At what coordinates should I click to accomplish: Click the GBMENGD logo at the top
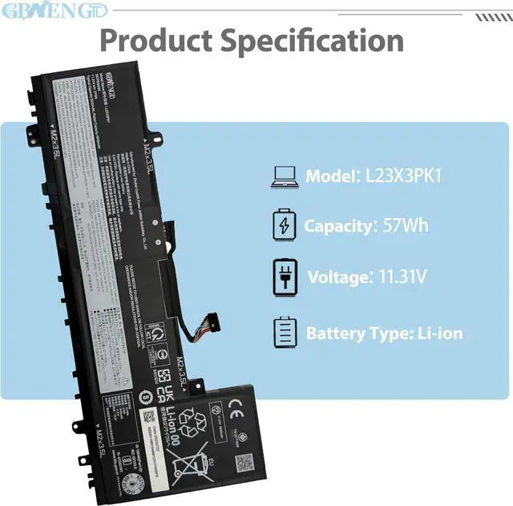coord(39,11)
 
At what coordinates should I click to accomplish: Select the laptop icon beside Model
coord(285,176)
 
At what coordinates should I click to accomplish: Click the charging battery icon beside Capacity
coord(285,225)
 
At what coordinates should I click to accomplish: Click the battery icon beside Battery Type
coord(285,331)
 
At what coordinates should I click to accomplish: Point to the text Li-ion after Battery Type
coord(434,332)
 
